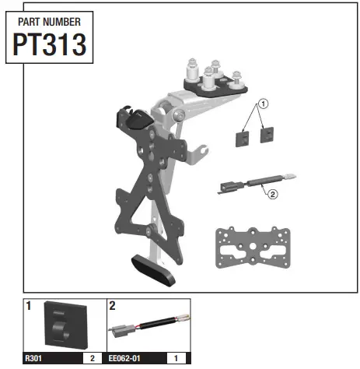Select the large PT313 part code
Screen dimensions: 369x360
49,45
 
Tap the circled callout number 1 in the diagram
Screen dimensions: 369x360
263,103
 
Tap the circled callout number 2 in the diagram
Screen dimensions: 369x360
272,195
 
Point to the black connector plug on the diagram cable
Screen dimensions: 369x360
229,186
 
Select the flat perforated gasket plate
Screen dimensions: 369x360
253,248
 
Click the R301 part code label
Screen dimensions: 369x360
33,359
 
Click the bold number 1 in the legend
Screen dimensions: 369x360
29,307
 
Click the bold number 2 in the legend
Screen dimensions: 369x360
113,307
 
